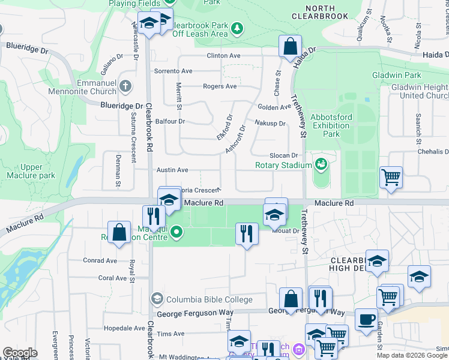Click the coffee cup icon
(x=366, y=319)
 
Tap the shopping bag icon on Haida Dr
(x=290, y=46)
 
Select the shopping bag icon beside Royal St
(x=119, y=232)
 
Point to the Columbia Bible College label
(x=208, y=299)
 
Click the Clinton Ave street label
(x=223, y=56)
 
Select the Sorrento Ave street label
(x=173, y=71)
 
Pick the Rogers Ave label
(x=220, y=86)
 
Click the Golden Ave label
(x=274, y=107)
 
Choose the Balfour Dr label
(x=170, y=121)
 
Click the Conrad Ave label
(x=100, y=261)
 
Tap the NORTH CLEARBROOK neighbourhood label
(x=319, y=12)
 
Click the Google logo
(x=20, y=353)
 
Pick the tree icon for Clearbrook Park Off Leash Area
(x=237, y=28)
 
